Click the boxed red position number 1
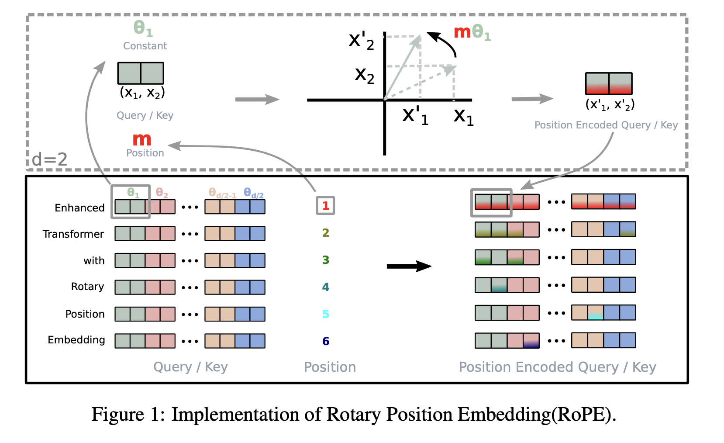pos(325,206)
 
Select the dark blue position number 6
pos(326,341)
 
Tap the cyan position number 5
pos(326,314)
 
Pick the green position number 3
pos(326,260)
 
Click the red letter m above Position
pos(142,140)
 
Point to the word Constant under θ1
pos(145,46)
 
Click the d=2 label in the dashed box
pos(50,159)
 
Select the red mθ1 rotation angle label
pos(472,32)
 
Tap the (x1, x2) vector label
pos(142,93)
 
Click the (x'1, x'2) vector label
pos(610,104)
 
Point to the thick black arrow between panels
pos(409,266)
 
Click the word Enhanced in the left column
pos(79,208)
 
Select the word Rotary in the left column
pos(87,287)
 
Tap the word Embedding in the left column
pos(76,340)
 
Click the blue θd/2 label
pos(253,193)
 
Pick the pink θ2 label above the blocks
pos(162,193)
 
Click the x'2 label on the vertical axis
pos(362,41)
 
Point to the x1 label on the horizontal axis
pos(463,117)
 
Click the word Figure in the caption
pos(117,414)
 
